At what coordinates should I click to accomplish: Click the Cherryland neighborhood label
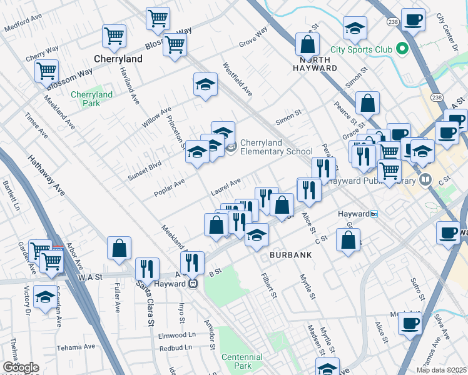[118, 59]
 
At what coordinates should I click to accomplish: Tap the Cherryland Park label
[91, 99]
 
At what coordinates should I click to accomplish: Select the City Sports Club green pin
[402, 49]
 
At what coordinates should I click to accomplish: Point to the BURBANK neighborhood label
[290, 255]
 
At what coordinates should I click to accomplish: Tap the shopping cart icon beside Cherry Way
[47, 71]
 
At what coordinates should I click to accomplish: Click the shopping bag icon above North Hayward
[308, 44]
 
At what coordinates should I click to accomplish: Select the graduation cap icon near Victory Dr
[45, 297]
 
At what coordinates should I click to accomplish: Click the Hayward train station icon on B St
[193, 284]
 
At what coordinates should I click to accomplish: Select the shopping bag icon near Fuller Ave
[119, 248]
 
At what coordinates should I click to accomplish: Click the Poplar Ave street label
[170, 187]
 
